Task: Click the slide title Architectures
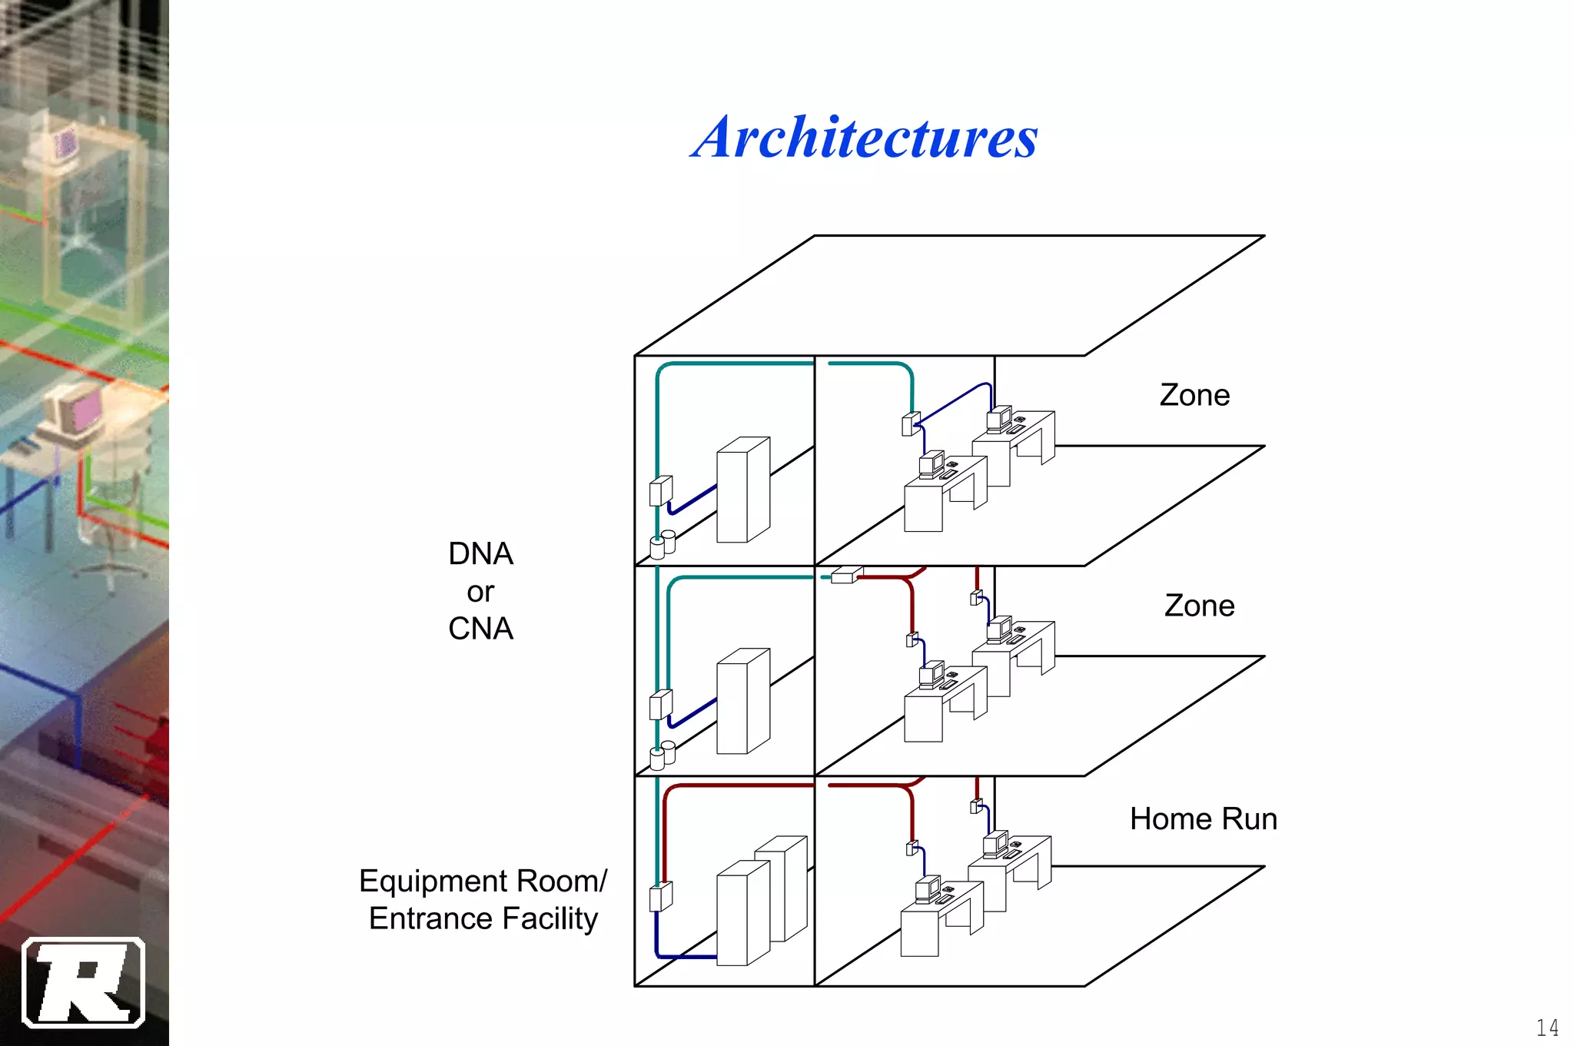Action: point(864,138)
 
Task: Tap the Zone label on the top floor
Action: point(1194,395)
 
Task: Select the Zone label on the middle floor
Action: point(1199,606)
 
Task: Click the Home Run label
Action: point(1203,819)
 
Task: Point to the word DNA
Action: point(480,554)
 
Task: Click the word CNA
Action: point(480,629)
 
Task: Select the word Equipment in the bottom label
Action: point(430,882)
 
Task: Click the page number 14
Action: point(1546,1028)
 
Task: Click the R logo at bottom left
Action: point(83,983)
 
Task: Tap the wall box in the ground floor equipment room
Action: point(660,896)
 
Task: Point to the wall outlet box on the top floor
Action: point(910,424)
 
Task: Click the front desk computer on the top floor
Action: point(931,464)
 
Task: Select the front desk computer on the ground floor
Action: point(928,889)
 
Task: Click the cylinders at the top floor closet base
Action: point(662,544)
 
